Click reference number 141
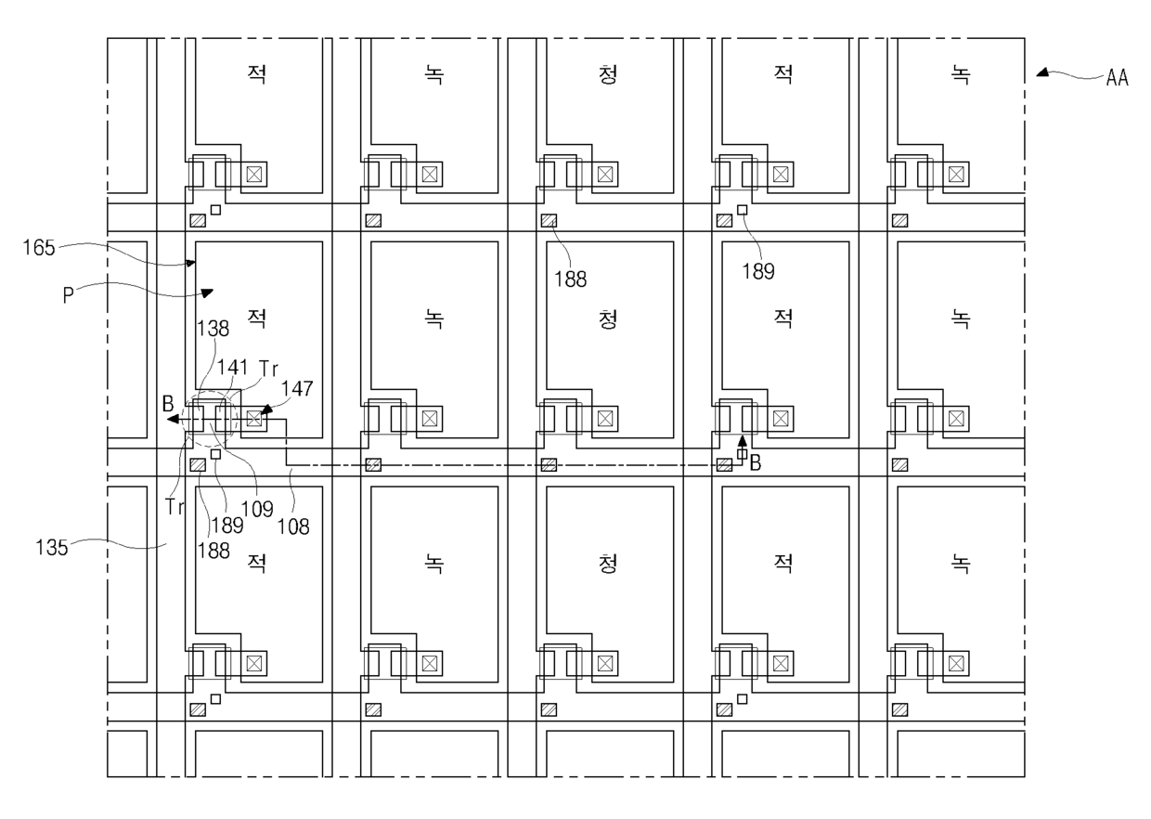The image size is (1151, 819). point(231,368)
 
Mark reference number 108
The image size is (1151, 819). point(296,526)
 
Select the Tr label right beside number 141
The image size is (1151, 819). point(269,368)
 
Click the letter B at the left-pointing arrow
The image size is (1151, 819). point(167,404)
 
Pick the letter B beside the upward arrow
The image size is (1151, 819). point(756,462)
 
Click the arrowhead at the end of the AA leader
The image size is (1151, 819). point(1042,72)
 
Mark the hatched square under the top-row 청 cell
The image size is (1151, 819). point(549,221)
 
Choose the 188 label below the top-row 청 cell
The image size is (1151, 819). point(574,278)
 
